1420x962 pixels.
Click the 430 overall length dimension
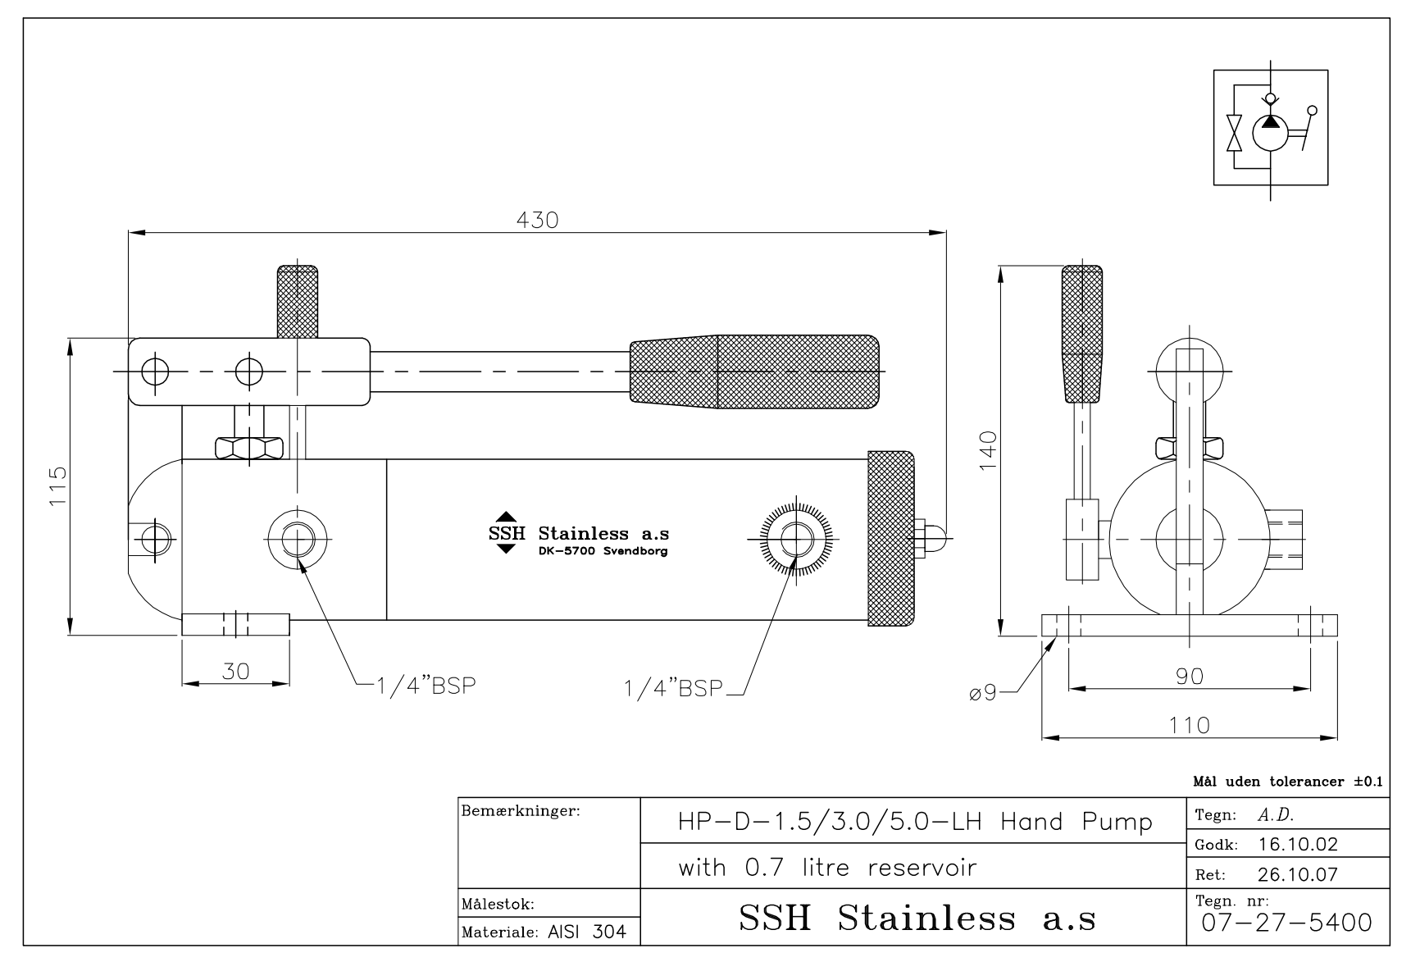pos(538,220)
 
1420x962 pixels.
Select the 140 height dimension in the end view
pos(988,449)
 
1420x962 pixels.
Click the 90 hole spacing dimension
pos(1190,676)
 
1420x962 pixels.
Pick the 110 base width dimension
pos(1190,725)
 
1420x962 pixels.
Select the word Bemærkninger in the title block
pos(521,812)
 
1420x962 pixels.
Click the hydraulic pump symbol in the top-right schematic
pos(1270,132)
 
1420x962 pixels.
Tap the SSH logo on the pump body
pos(506,533)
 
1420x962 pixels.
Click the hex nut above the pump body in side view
pos(248,448)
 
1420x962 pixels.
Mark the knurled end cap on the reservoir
pos(891,538)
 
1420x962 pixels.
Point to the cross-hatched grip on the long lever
pos(754,372)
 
